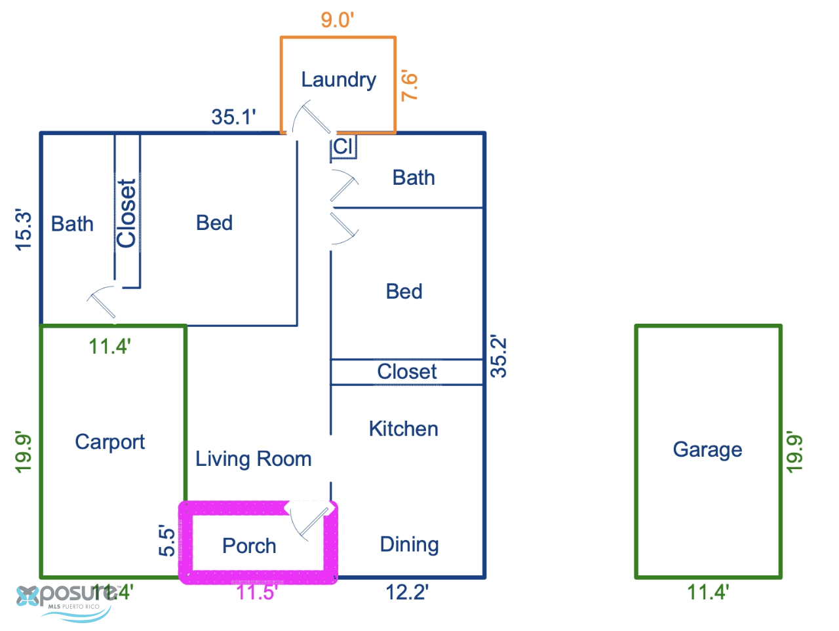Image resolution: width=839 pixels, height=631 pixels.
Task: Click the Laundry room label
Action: (338, 80)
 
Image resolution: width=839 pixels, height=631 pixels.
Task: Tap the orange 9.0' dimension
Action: (337, 20)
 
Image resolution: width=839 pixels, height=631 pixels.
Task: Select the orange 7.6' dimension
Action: (409, 85)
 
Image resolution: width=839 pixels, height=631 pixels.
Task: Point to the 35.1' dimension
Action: (233, 117)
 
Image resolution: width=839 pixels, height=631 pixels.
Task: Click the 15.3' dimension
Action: (24, 229)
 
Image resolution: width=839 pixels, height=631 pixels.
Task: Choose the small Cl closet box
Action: (343, 146)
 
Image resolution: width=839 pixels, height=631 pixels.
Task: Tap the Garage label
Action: (707, 449)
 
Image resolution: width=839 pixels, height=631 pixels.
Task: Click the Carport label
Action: (109, 442)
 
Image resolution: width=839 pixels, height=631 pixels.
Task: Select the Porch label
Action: (249, 545)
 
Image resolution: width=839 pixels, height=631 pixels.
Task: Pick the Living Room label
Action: (254, 459)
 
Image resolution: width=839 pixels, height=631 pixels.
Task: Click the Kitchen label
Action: (403, 429)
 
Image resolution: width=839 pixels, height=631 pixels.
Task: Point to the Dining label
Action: (409, 545)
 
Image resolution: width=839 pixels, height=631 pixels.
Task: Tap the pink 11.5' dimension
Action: (256, 592)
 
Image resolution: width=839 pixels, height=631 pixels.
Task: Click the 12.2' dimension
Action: (406, 592)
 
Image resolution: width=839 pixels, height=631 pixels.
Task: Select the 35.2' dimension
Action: (498, 356)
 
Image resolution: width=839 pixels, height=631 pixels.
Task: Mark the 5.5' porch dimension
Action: (166, 540)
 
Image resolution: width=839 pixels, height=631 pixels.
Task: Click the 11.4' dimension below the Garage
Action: (708, 592)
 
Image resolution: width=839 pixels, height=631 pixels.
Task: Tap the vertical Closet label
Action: (126, 214)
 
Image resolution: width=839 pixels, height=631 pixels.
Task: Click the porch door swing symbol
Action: (311, 522)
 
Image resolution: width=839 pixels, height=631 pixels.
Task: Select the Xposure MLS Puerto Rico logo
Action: (65, 602)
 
